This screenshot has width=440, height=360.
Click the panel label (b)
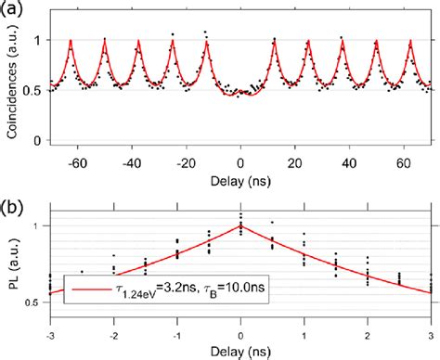12,192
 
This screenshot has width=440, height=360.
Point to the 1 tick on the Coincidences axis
38,41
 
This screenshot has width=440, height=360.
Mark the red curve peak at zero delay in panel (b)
241,225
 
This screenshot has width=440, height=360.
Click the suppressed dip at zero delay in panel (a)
241,94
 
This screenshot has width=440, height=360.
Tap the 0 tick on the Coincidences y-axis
38,141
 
